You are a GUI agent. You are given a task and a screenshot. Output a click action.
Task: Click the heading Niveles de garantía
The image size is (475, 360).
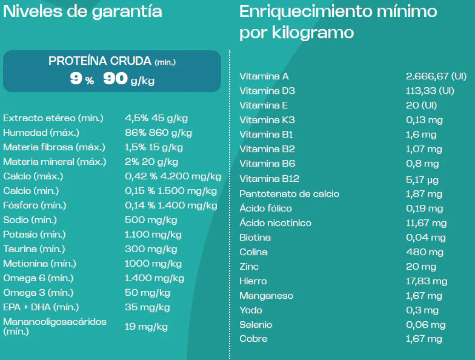pos(82,12)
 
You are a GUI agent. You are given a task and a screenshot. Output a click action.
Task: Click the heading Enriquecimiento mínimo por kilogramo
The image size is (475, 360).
pos(338,22)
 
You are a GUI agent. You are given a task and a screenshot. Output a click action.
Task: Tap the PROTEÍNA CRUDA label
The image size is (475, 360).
pos(100,61)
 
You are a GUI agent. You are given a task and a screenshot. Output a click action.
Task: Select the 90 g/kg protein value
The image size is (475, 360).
pos(128,79)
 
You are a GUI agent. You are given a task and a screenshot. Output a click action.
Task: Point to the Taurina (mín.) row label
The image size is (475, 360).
pos(34,249)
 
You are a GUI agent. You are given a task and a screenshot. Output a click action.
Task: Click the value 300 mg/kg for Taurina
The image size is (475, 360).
pos(151,249)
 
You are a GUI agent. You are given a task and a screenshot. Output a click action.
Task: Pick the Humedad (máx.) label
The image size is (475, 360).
pos(41,132)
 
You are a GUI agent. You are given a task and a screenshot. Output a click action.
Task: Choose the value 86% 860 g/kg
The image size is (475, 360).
pos(158,132)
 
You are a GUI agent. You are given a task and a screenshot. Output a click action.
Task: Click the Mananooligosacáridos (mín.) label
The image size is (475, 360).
pos(55,326)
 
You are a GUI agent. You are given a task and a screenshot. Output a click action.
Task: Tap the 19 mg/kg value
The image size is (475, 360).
pos(146,327)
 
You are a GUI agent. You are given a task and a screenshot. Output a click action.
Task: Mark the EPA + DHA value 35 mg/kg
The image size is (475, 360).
pos(147,307)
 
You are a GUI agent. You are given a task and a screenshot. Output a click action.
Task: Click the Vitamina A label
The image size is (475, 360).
pos(264,76)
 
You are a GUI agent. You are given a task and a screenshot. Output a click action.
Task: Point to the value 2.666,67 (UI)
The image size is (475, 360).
pos(436,76)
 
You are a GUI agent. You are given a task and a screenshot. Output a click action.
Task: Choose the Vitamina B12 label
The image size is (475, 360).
pos(269,179)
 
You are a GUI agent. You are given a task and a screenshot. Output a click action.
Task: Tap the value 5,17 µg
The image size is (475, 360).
pos(422,179)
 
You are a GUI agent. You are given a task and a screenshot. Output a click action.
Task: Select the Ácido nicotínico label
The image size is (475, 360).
pos(275,223)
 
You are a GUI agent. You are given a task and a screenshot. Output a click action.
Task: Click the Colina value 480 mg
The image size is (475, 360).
pos(424,252)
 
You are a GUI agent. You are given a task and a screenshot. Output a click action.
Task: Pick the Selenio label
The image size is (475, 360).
pos(256,325)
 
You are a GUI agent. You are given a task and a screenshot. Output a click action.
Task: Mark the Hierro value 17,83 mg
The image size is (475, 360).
pos(427,281)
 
